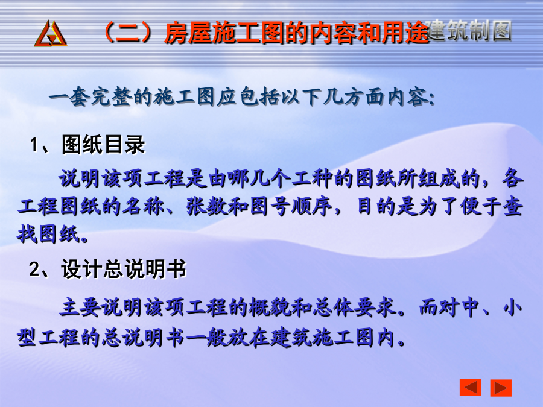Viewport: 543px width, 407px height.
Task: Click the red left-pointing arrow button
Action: click(470, 387)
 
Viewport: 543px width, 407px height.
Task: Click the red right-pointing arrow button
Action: click(501, 388)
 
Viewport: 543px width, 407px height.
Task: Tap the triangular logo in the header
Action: click(51, 34)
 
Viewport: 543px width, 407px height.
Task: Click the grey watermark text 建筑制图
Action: click(470, 31)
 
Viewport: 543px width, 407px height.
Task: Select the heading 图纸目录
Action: click(103, 144)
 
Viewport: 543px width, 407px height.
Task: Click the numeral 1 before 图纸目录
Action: click(34, 145)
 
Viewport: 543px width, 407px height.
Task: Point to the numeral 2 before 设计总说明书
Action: click(34, 269)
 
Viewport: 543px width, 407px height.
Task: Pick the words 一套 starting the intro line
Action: click(69, 97)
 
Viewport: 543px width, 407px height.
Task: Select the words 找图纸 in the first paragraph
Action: click(48, 234)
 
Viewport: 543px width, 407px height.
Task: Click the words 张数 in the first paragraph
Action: click(207, 206)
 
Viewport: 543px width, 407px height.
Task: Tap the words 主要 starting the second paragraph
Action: click(80, 307)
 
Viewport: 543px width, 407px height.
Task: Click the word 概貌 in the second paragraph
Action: click(270, 307)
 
